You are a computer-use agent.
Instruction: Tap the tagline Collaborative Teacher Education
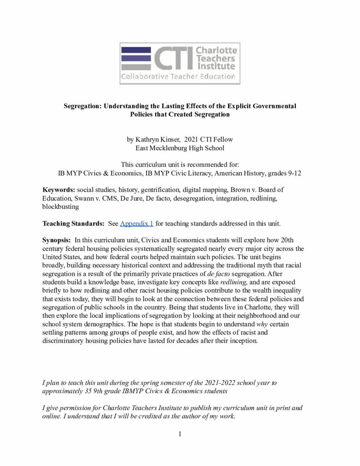pyautogui.click(x=178, y=76)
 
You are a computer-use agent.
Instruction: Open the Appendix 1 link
pyautogui.click(x=137, y=223)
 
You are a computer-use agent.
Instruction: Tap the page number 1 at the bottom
pyautogui.click(x=180, y=434)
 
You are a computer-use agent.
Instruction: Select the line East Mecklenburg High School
pyautogui.click(x=180, y=147)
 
